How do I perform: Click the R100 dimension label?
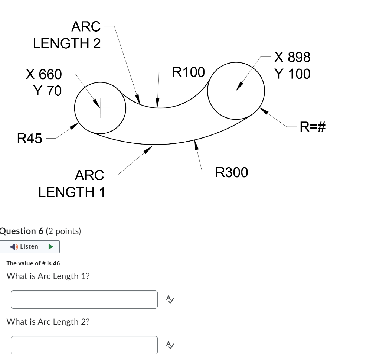click(x=189, y=72)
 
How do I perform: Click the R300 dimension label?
click(x=231, y=172)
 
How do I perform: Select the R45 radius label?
click(x=30, y=139)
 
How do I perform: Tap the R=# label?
click(x=313, y=127)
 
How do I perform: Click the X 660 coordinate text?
click(x=44, y=74)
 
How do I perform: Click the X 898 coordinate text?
click(x=292, y=57)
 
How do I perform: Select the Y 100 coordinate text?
click(x=292, y=74)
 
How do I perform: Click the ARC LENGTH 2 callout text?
click(x=67, y=35)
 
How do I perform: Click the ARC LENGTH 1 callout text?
click(x=72, y=184)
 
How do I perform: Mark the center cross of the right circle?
click(x=236, y=90)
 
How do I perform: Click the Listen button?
click(x=24, y=246)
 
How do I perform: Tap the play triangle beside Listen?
click(x=51, y=246)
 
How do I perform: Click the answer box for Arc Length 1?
click(x=84, y=299)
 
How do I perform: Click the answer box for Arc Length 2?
click(x=84, y=345)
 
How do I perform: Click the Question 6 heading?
click(x=40, y=231)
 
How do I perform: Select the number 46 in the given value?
click(x=56, y=263)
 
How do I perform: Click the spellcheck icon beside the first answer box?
click(x=170, y=299)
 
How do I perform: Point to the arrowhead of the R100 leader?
click(x=158, y=104)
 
